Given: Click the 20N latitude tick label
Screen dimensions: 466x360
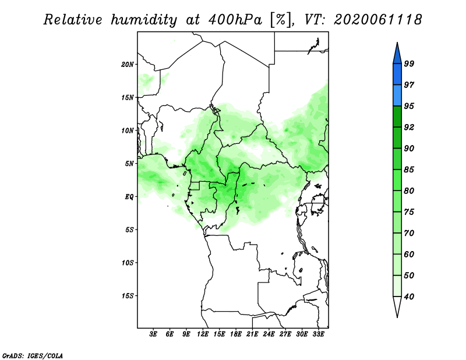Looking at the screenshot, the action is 128,65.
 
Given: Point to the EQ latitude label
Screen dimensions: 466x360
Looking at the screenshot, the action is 129,197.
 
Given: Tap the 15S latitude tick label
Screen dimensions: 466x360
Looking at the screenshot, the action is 128,296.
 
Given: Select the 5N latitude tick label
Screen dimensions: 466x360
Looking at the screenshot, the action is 129,164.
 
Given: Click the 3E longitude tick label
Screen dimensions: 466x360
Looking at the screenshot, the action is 153,334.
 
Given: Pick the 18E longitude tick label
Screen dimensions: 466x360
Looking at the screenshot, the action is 236,334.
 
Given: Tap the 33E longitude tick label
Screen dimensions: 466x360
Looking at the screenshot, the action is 318,334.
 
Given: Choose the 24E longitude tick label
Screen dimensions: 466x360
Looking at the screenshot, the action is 269,334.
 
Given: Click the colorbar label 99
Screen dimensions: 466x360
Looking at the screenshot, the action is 409,63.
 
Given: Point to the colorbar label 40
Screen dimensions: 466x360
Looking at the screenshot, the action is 409,297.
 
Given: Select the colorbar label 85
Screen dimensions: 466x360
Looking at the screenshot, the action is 409,170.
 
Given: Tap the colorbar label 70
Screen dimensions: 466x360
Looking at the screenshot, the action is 409,233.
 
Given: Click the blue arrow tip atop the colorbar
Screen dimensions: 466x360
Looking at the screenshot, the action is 397,43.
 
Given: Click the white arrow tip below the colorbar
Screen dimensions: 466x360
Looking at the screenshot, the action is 397,317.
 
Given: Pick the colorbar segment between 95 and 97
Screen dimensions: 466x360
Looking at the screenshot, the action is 397,96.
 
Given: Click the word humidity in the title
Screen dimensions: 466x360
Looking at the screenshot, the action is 144,20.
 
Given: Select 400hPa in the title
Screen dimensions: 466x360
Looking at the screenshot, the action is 235,20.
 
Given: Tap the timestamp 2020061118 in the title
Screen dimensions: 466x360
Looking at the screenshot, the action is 377,20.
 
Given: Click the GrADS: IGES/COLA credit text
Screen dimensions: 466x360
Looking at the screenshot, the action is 33,355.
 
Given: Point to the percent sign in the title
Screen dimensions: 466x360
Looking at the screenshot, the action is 281,20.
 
